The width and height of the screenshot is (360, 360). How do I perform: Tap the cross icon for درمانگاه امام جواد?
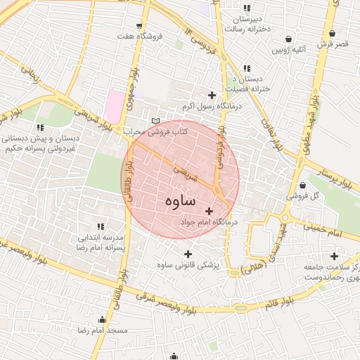coord(209,211)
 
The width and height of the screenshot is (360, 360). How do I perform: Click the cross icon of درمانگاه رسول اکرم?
coord(212,95)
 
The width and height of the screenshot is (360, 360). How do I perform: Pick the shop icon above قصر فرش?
coord(333,33)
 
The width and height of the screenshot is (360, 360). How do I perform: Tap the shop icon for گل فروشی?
coord(302,186)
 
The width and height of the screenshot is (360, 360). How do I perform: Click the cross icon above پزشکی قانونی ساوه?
coord(187,254)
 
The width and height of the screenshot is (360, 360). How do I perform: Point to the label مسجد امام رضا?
coord(103,330)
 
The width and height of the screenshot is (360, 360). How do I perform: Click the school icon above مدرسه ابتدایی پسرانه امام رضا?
coord(101,226)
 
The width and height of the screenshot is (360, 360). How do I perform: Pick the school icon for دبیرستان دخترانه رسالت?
coord(247,7)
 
